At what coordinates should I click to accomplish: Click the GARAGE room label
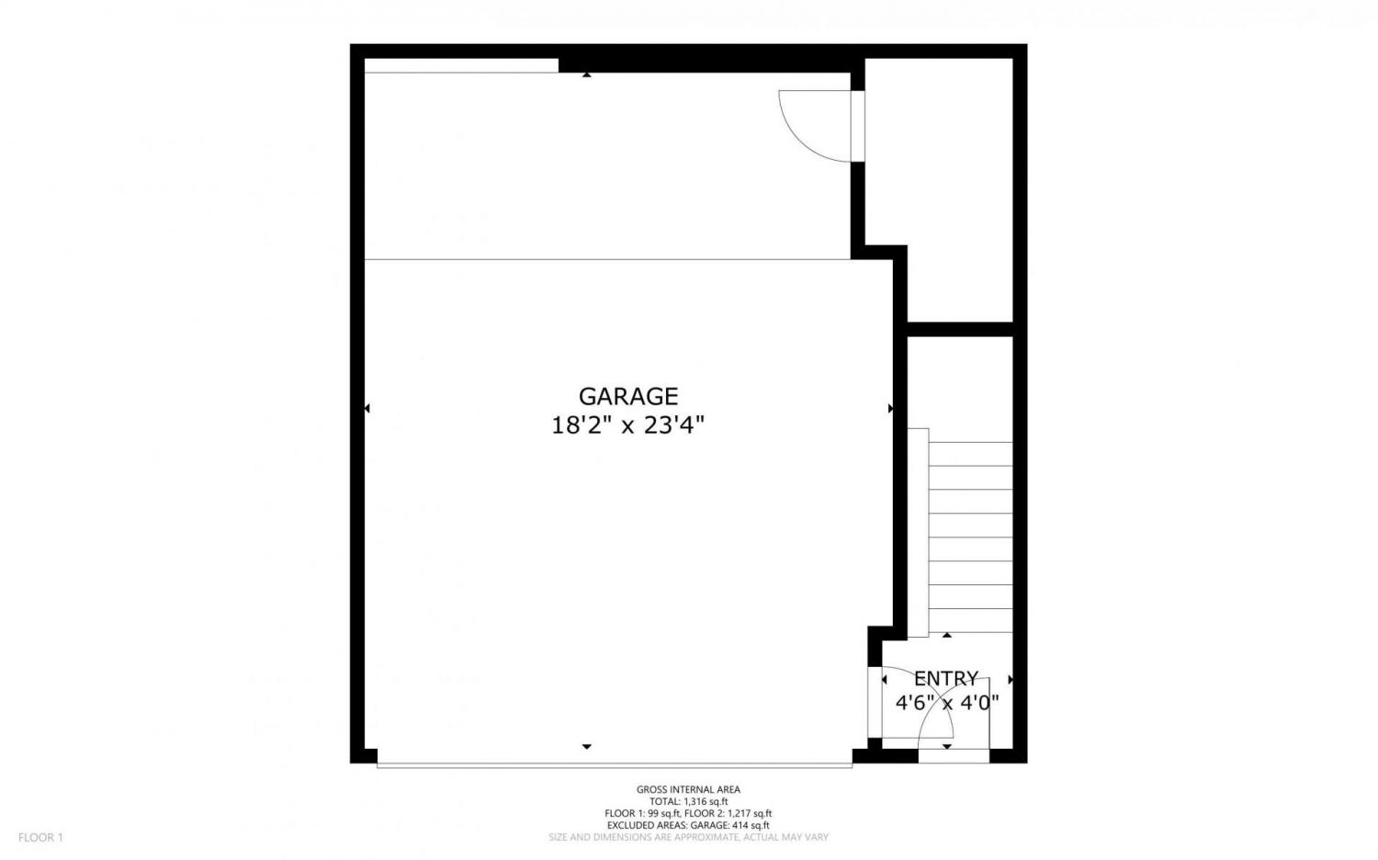(628, 397)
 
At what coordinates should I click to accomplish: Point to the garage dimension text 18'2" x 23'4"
(627, 425)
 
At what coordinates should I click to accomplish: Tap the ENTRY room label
(945, 678)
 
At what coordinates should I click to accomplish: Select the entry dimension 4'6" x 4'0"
(947, 703)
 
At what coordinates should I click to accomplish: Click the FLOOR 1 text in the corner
(40, 837)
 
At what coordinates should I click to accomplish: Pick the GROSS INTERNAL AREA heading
(688, 789)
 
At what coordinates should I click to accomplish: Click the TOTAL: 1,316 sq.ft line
(688, 801)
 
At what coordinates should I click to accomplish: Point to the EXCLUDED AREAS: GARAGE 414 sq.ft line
(688, 826)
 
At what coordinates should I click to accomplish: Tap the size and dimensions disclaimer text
(688, 837)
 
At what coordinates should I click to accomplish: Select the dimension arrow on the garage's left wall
(367, 409)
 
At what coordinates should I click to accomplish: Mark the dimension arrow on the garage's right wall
(890, 409)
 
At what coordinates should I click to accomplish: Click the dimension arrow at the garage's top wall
(587, 75)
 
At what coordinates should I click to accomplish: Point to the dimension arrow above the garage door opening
(587, 747)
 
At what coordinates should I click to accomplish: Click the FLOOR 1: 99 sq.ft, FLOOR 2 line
(688, 813)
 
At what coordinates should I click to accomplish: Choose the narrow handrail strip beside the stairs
(918, 533)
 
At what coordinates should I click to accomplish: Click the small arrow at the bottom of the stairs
(947, 635)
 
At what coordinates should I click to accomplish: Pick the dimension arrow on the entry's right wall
(1011, 680)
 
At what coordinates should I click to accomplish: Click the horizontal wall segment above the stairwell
(960, 329)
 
